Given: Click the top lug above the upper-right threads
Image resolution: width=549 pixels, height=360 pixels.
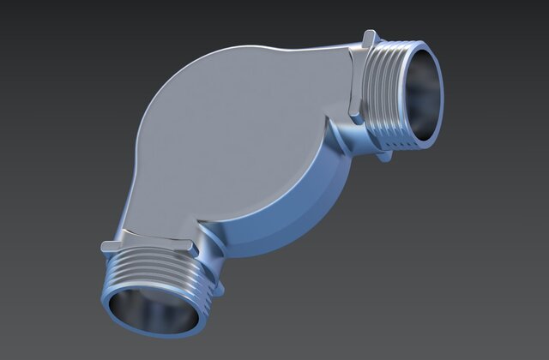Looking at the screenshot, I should coord(368,38).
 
